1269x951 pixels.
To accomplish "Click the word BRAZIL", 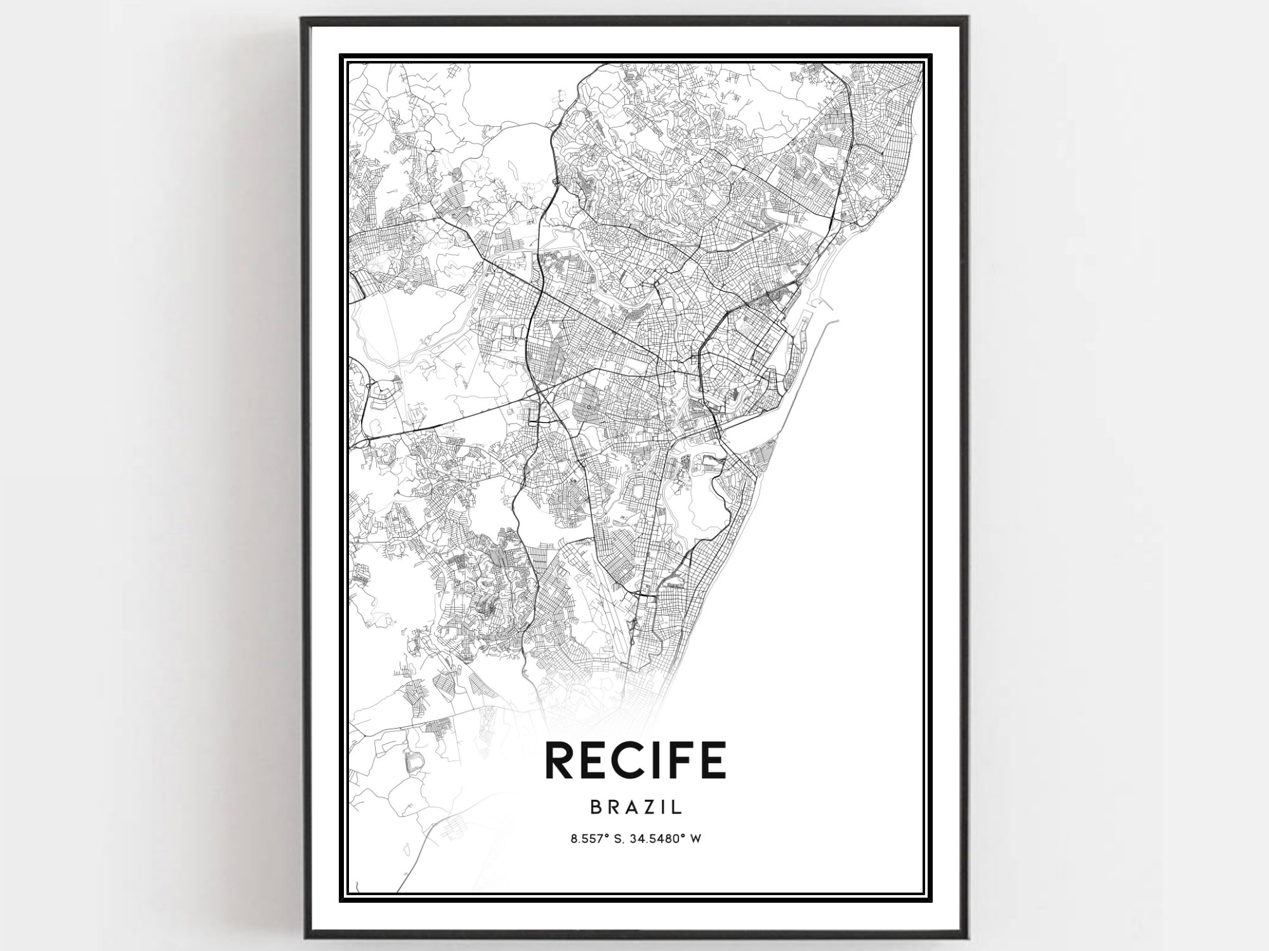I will (x=636, y=807).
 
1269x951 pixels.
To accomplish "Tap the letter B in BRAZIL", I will (x=596, y=807).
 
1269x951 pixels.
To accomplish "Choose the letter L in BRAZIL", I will (x=677, y=807).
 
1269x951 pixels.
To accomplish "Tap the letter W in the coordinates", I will (x=696, y=839).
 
